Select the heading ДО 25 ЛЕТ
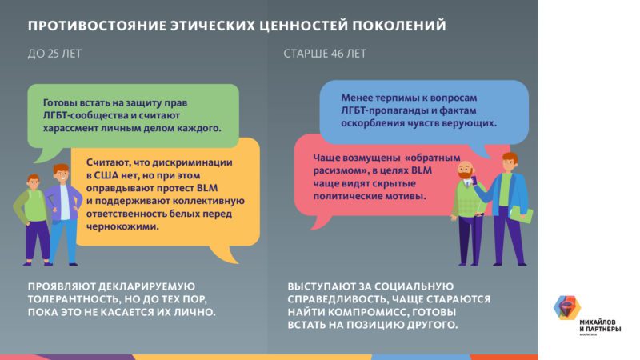click(55, 54)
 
